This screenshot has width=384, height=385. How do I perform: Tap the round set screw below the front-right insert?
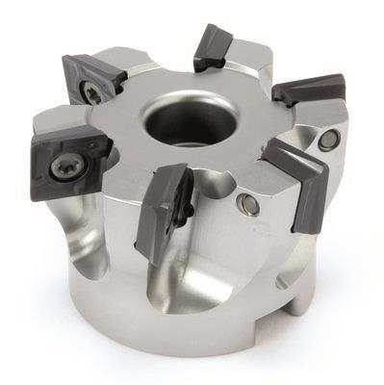247,203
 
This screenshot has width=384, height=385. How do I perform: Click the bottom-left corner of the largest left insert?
38,188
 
